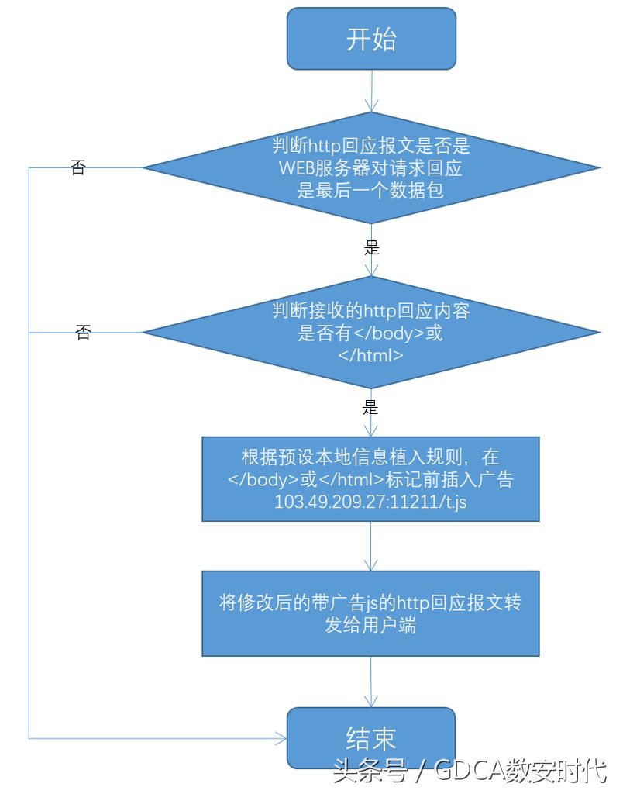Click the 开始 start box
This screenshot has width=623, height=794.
[x=371, y=39]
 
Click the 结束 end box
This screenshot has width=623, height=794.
[x=371, y=738]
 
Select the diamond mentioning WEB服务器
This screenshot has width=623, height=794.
[x=371, y=167]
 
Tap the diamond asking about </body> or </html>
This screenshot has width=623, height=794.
[x=371, y=333]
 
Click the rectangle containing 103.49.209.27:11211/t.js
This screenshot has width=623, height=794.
[x=370, y=479]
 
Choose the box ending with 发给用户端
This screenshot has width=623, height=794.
[x=370, y=614]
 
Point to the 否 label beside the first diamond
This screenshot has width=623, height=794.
[x=77, y=167]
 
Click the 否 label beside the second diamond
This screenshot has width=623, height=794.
[x=83, y=332]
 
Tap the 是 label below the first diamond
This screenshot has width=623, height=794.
[x=371, y=248]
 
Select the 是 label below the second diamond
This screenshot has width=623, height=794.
[x=370, y=408]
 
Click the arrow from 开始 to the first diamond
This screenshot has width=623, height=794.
[x=372, y=91]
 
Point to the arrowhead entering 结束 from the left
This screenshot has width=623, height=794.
[x=281, y=738]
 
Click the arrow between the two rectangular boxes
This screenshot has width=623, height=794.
[x=371, y=547]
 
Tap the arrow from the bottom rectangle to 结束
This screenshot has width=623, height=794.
[x=371, y=682]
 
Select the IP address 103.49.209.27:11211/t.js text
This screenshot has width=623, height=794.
[x=370, y=502]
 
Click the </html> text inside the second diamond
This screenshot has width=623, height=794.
[x=370, y=355]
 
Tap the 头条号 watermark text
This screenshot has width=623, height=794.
[x=370, y=772]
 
